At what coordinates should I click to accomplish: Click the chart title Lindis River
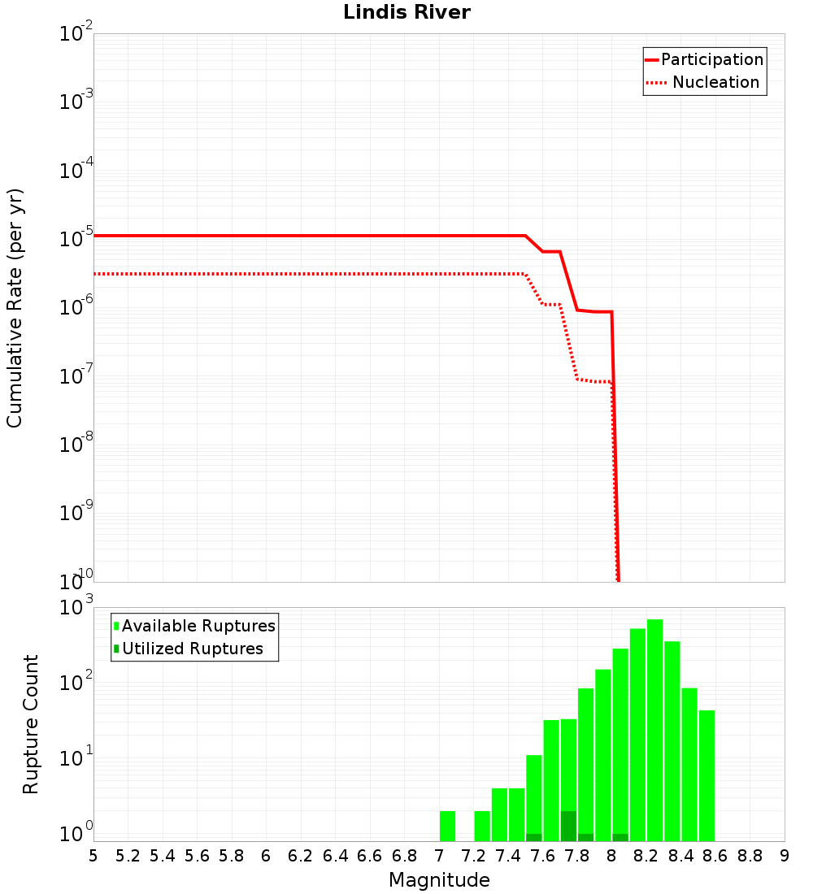[406, 12]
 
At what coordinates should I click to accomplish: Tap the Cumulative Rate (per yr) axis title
[15, 307]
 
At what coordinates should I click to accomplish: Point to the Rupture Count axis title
[31, 724]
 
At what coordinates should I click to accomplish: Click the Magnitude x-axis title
[439, 880]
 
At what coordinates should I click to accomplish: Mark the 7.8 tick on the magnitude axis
[577, 856]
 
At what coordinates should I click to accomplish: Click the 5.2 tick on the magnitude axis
[128, 856]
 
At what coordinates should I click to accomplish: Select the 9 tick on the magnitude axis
[784, 856]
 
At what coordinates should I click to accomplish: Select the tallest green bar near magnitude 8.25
[654, 731]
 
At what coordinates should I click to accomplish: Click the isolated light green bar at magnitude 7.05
[447, 826]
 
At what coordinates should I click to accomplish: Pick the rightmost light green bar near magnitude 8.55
[706, 776]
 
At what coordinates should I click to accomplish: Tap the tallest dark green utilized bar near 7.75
[568, 826]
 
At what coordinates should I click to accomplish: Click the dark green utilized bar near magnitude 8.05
[620, 837]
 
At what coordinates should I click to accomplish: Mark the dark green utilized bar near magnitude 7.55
[533, 837]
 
